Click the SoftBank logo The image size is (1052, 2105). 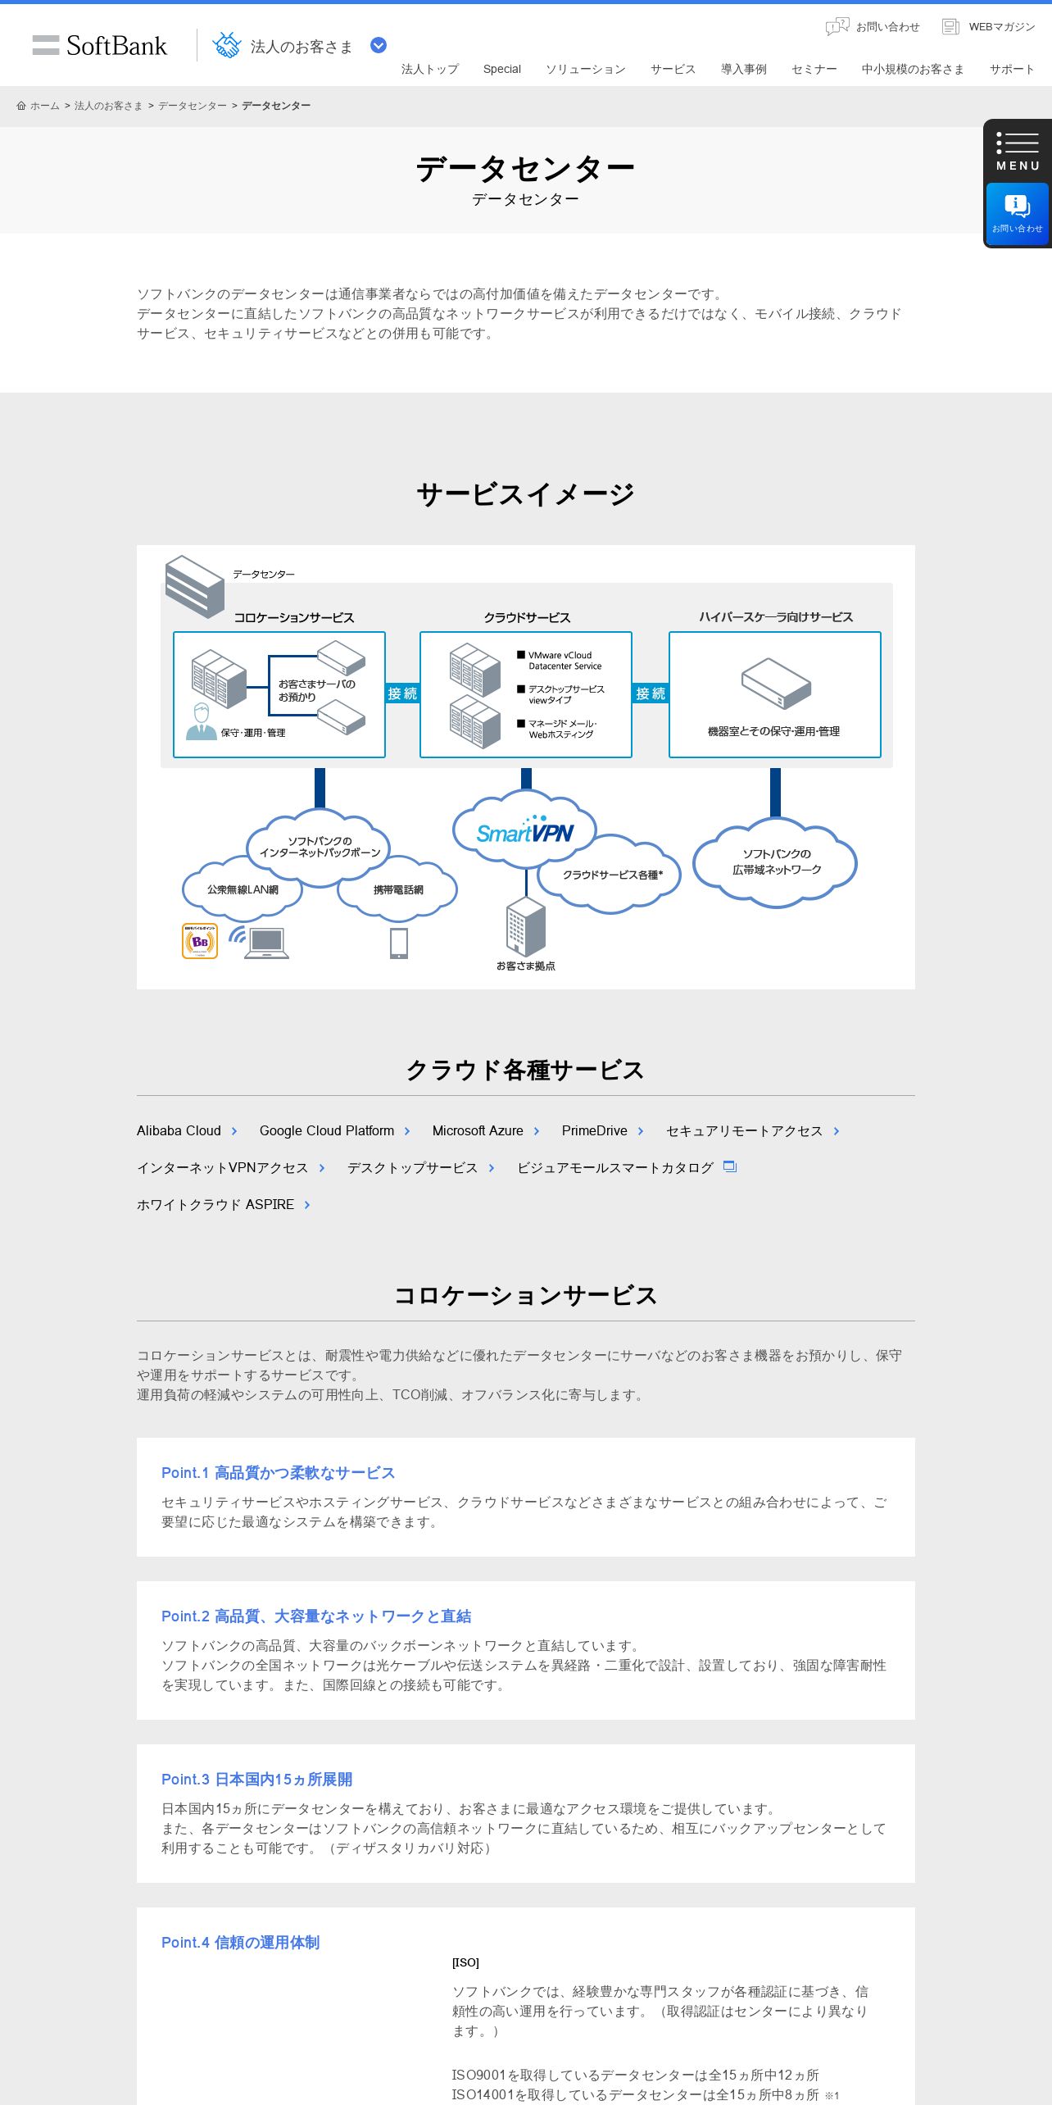tap(100, 45)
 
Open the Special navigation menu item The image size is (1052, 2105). tap(501, 69)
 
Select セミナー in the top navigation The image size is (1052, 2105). tap(814, 69)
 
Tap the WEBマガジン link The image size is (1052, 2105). tap(989, 27)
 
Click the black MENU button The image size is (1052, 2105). tap(1018, 151)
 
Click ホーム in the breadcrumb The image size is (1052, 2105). tap(44, 106)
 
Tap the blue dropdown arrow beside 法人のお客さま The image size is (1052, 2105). tap(379, 45)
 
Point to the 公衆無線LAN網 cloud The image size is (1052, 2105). tap(243, 889)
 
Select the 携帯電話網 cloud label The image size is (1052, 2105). tap(398, 889)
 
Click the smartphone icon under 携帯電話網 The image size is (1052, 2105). tap(399, 943)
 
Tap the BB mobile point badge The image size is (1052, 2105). tap(200, 941)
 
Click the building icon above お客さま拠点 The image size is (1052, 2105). tap(525, 927)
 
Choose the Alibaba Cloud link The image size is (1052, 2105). tap(179, 1130)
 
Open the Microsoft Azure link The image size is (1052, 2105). tap(478, 1130)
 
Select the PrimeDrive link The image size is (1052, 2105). tap(595, 1130)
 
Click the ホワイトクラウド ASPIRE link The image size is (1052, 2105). tap(215, 1204)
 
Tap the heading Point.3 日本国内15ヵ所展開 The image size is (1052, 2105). tap(256, 1779)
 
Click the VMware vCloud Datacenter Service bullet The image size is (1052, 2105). tap(564, 661)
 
